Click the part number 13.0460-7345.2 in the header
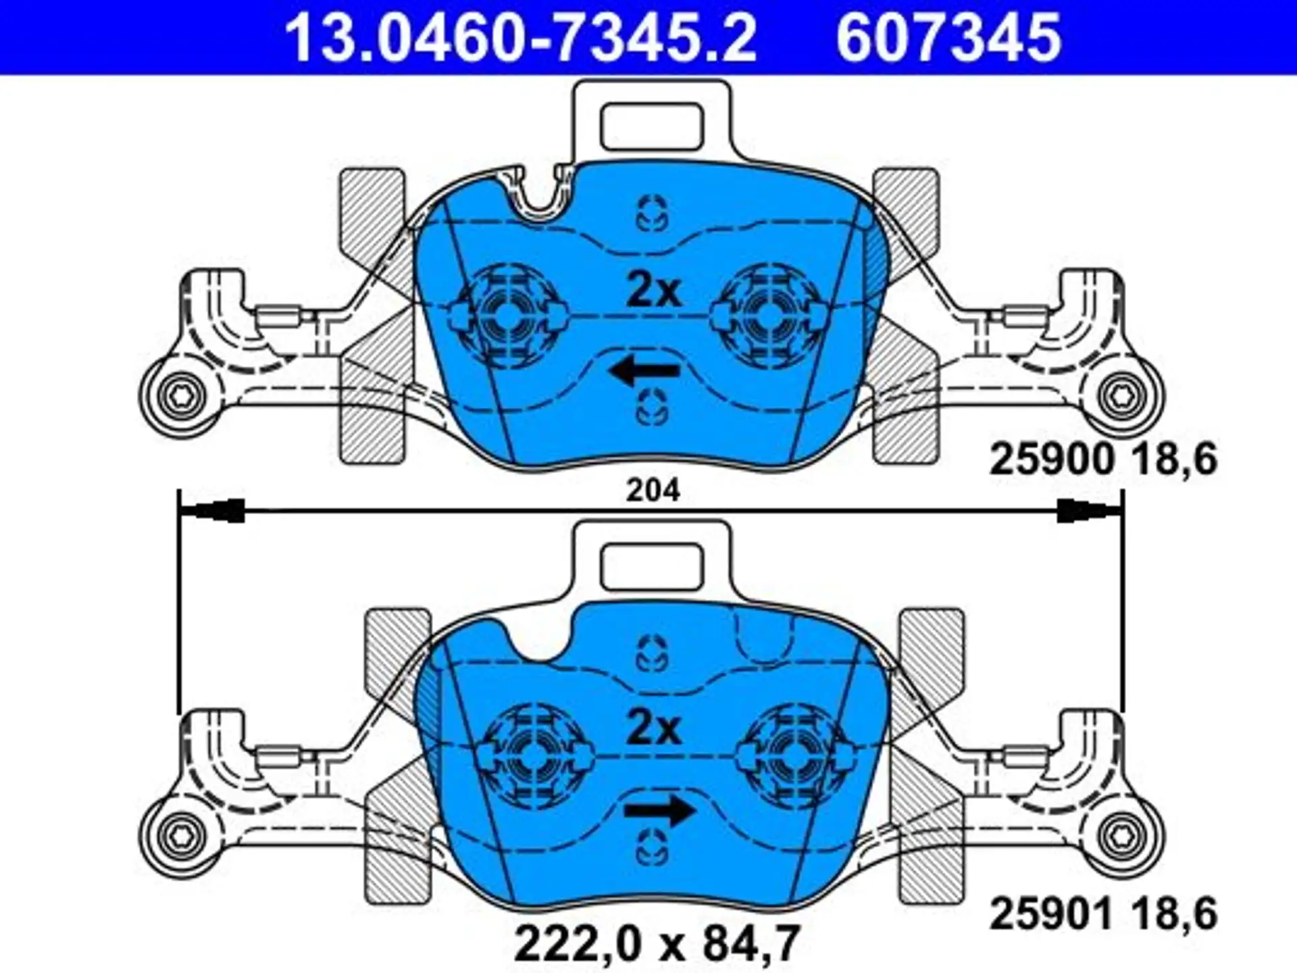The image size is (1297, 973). (521, 38)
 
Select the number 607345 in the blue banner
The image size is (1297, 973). (948, 38)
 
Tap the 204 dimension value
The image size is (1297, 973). (653, 491)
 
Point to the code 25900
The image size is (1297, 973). (1050, 459)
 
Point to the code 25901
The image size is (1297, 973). (1050, 914)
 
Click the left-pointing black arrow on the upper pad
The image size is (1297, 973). (644, 370)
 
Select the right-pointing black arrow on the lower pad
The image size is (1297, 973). (659, 810)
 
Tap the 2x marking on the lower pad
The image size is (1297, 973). (653, 728)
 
